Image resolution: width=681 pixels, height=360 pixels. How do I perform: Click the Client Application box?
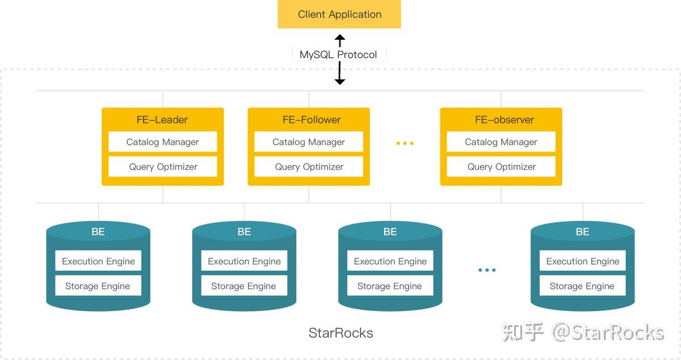(x=339, y=14)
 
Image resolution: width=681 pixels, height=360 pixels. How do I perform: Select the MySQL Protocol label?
(x=338, y=55)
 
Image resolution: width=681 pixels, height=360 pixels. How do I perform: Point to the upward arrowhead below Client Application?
(x=339, y=38)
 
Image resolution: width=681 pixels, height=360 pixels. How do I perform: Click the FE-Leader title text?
(x=162, y=120)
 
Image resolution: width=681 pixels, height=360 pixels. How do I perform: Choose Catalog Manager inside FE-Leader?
(x=163, y=142)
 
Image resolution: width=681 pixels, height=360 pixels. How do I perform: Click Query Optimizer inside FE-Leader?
(x=163, y=166)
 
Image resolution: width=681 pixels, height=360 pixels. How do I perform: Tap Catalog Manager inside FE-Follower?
(x=309, y=142)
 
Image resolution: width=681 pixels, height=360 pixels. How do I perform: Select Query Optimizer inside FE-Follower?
(x=309, y=166)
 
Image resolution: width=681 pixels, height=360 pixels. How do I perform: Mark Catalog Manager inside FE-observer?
(x=501, y=142)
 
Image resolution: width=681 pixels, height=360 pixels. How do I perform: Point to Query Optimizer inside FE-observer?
(x=501, y=166)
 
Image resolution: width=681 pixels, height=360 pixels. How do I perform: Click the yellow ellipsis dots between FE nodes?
(x=405, y=143)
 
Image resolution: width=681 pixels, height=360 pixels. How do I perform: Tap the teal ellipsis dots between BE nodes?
(x=487, y=270)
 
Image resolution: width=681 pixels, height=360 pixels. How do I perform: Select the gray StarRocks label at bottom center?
(x=340, y=333)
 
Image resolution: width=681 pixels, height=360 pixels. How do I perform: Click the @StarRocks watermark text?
(x=608, y=332)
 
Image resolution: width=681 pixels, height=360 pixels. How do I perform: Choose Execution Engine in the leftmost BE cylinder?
(x=98, y=261)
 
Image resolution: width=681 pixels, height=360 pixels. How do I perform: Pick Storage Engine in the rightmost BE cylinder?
(x=582, y=286)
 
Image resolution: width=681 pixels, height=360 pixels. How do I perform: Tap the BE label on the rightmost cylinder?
(x=582, y=232)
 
